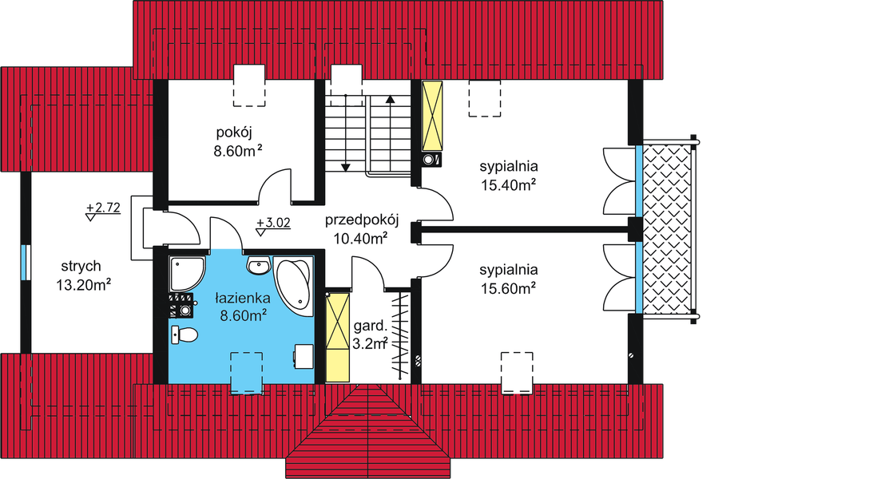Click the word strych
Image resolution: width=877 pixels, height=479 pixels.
point(80,267)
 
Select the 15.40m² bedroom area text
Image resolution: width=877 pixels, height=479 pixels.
point(508,184)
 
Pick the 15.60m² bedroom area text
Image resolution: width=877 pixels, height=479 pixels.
point(508,287)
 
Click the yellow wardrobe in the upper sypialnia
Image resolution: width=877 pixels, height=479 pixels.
point(433,116)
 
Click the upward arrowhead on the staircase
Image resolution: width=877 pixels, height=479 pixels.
point(390,100)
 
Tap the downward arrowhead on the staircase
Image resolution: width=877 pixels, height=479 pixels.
point(345,166)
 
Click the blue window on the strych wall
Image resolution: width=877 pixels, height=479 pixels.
point(26,262)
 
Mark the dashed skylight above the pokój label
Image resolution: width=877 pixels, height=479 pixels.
point(248,86)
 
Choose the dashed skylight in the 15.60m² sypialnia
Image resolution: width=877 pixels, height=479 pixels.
point(516,372)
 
